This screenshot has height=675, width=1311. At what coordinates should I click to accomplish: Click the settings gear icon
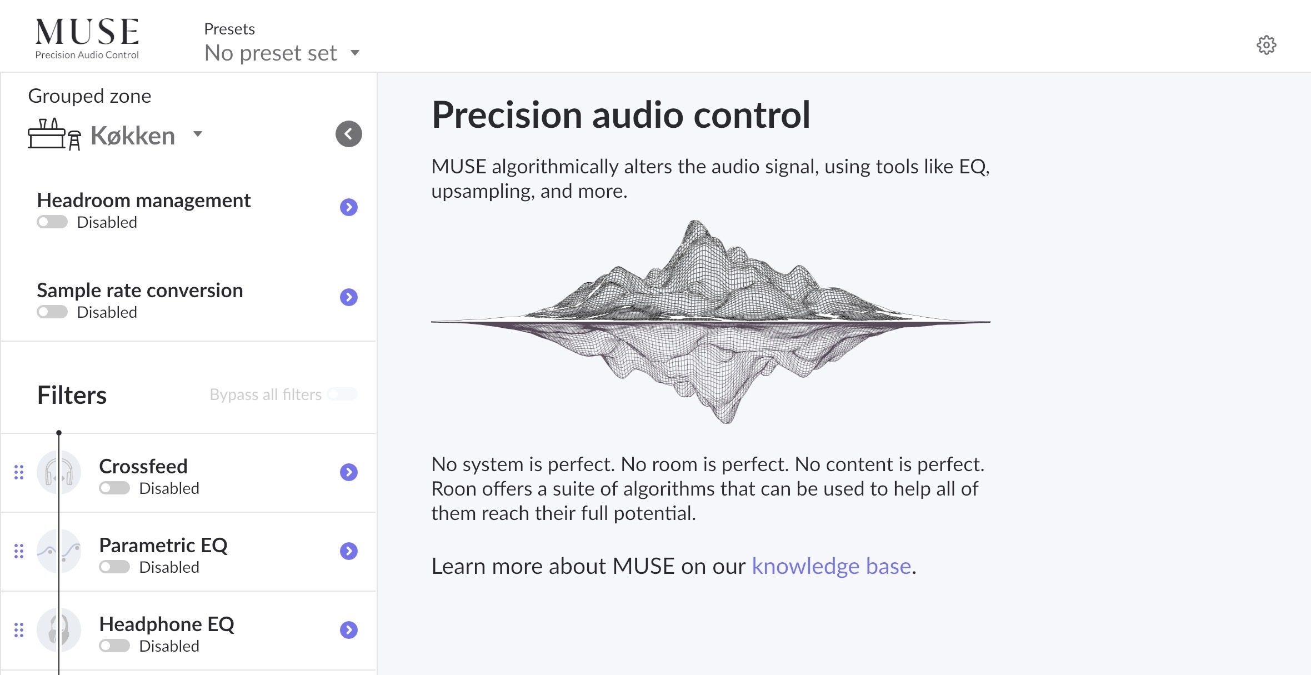pyautogui.click(x=1266, y=45)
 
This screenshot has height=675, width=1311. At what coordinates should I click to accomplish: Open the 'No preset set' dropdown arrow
pyautogui.click(x=355, y=53)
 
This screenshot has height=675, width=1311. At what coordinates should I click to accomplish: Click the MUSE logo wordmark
pyautogui.click(x=87, y=32)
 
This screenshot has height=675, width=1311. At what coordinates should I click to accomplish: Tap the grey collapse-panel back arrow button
pyautogui.click(x=349, y=134)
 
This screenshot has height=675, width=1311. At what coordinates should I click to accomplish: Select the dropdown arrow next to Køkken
pyautogui.click(x=197, y=134)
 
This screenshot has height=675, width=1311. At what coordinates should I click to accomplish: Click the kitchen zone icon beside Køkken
pyautogui.click(x=54, y=134)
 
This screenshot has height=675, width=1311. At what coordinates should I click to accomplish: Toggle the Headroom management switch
pyautogui.click(x=52, y=222)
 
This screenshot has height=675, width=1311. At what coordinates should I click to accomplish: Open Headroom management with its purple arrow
pyautogui.click(x=349, y=207)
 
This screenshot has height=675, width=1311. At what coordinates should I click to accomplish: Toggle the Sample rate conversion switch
pyautogui.click(x=52, y=312)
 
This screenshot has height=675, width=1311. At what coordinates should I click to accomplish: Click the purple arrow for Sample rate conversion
pyautogui.click(x=349, y=297)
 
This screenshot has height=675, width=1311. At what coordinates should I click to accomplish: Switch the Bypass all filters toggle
pyautogui.click(x=342, y=394)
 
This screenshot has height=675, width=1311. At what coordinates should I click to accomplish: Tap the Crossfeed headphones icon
pyautogui.click(x=59, y=472)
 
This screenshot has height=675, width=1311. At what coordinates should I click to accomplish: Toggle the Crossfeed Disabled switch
pyautogui.click(x=114, y=488)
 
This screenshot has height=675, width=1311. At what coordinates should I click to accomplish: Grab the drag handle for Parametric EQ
pyautogui.click(x=19, y=551)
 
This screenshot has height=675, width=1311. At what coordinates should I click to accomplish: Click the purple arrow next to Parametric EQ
pyautogui.click(x=349, y=551)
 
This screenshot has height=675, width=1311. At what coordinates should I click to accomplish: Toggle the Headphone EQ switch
pyautogui.click(x=114, y=646)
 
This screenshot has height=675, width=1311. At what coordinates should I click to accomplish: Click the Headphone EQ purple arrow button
pyautogui.click(x=349, y=630)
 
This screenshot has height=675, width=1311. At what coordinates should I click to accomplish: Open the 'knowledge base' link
pyautogui.click(x=832, y=566)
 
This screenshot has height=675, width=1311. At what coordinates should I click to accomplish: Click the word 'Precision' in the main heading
pyautogui.click(x=507, y=115)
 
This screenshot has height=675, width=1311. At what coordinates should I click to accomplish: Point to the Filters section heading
pyautogui.click(x=72, y=396)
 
